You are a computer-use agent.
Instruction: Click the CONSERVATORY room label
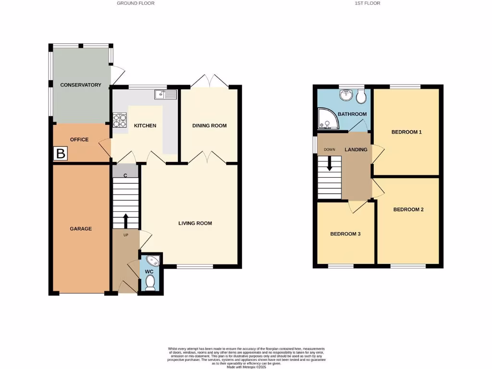click(x=81, y=85)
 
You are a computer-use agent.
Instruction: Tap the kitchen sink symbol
click(x=165, y=95)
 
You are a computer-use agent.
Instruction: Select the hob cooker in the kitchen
click(x=119, y=121)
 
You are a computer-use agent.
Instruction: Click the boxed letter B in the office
click(x=61, y=154)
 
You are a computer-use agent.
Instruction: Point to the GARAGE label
click(x=81, y=229)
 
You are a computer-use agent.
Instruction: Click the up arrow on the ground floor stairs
click(x=126, y=221)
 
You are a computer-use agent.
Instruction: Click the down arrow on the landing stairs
click(x=330, y=163)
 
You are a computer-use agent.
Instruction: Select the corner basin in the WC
click(x=153, y=261)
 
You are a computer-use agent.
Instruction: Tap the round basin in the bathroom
click(x=346, y=96)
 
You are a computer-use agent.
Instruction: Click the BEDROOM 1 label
click(x=406, y=132)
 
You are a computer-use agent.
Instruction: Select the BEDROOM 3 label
click(x=345, y=234)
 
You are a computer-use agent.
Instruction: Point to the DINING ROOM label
click(x=209, y=126)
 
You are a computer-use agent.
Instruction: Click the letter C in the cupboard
click(x=125, y=175)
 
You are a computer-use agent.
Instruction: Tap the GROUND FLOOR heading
click(x=135, y=3)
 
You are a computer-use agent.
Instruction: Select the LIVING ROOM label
click(x=195, y=223)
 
